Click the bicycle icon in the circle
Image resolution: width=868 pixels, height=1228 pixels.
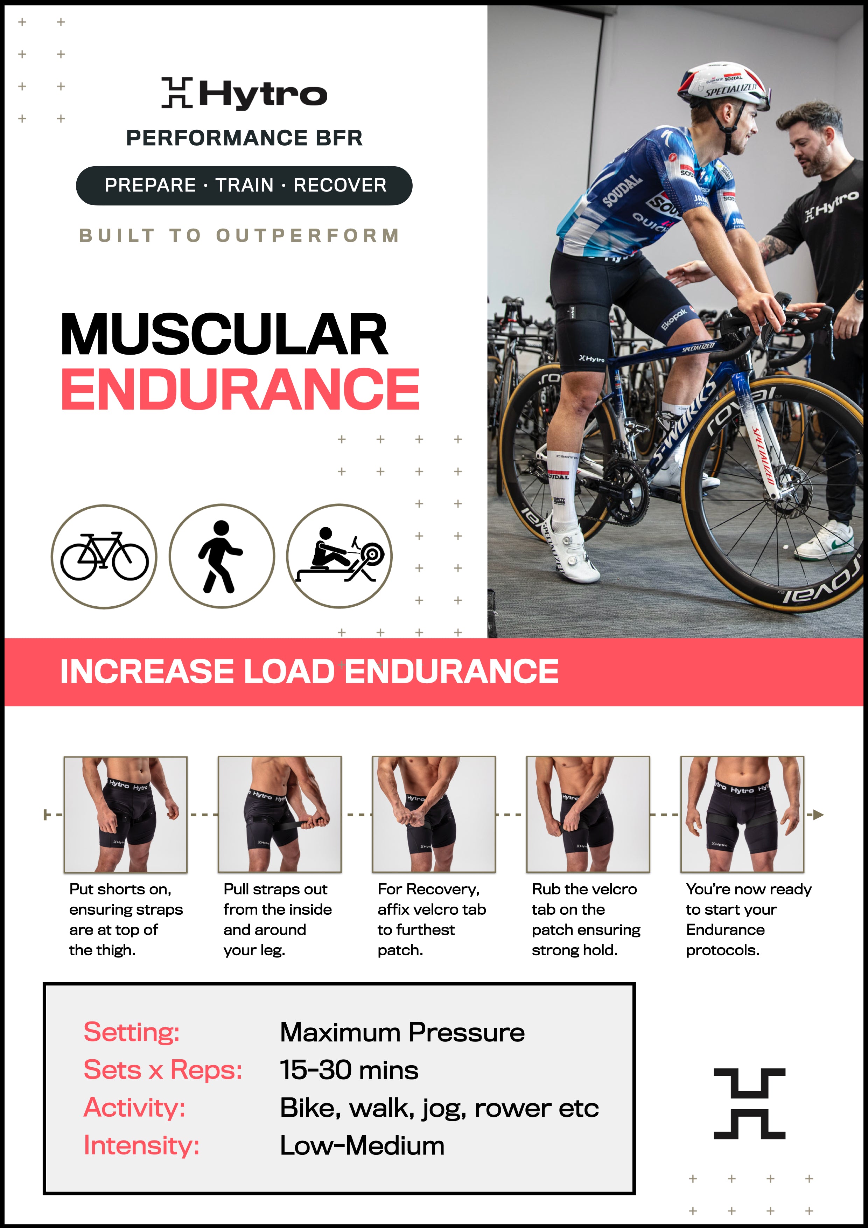(x=104, y=556)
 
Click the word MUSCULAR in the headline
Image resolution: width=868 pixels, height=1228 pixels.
(x=224, y=334)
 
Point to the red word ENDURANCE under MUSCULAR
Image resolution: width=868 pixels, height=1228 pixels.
(x=240, y=389)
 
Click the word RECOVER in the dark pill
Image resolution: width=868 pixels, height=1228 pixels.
(x=340, y=185)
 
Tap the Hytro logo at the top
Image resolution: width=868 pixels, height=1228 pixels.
(x=244, y=93)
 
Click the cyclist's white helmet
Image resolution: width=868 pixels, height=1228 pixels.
(x=723, y=84)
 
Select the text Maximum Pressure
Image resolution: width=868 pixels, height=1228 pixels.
(x=402, y=1032)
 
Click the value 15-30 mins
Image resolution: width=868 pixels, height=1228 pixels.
(x=349, y=1070)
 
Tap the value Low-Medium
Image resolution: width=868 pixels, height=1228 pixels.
(x=362, y=1146)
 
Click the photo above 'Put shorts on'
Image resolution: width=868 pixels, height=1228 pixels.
(x=126, y=815)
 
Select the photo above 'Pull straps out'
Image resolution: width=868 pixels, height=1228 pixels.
(x=280, y=815)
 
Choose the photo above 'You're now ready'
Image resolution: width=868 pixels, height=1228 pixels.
(x=742, y=815)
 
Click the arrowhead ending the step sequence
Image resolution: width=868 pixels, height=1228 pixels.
(x=818, y=815)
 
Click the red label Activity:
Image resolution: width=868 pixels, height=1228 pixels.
(x=135, y=1108)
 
